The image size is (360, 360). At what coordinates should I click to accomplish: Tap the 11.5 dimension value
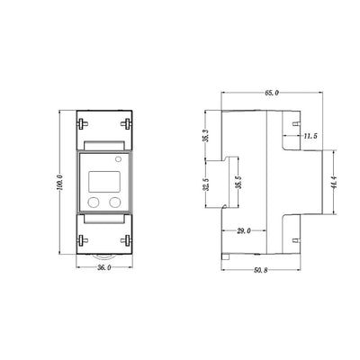pos(310,136)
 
